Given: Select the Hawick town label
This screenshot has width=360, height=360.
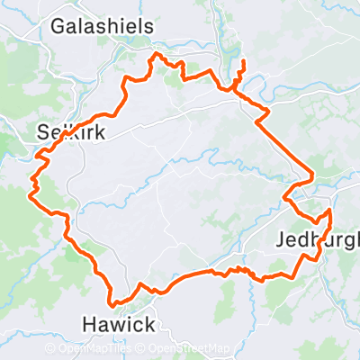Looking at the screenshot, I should [119, 323].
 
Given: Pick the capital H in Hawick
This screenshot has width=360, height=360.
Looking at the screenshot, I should [88, 323].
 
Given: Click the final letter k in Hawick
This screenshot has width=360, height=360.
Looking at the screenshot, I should [149, 323].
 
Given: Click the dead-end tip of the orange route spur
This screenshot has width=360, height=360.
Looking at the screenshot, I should [243, 60].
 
